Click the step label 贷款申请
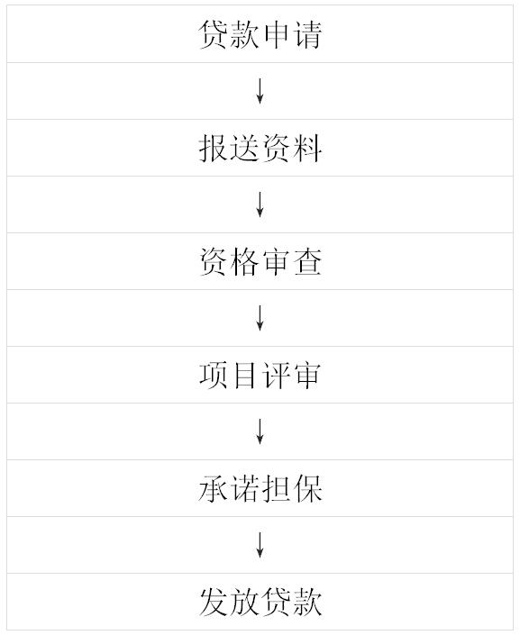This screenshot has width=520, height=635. pyautogui.click(x=260, y=35)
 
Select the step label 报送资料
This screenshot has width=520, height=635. pyautogui.click(x=260, y=149)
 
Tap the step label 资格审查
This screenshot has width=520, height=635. pyautogui.click(x=260, y=261)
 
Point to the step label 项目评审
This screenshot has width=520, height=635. pyautogui.click(x=260, y=375)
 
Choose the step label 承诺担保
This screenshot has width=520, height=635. pyautogui.click(x=260, y=488)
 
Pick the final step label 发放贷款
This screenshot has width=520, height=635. pyautogui.click(x=260, y=602)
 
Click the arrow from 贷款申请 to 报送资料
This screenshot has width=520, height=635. pyautogui.click(x=260, y=91)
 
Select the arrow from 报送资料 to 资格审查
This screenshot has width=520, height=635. pyautogui.click(x=260, y=204)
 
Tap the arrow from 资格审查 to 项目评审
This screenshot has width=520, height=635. pyautogui.click(x=260, y=318)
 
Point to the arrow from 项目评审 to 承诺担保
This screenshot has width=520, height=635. pyautogui.click(x=260, y=431)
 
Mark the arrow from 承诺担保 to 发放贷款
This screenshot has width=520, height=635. pyautogui.click(x=260, y=545)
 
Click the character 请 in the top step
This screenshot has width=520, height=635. pyautogui.click(x=307, y=35)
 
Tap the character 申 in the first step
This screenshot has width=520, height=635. pyautogui.click(x=276, y=35)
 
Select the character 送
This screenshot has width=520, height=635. pyautogui.click(x=244, y=149)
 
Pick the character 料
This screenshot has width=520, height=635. pyautogui.click(x=307, y=149)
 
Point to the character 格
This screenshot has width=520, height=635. pyautogui.click(x=244, y=261)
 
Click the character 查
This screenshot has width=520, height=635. pyautogui.click(x=307, y=261)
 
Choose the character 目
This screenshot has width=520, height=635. pyautogui.click(x=244, y=375)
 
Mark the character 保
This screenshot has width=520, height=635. pyautogui.click(x=307, y=488)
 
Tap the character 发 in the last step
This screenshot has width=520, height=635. pyautogui.click(x=214, y=602)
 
